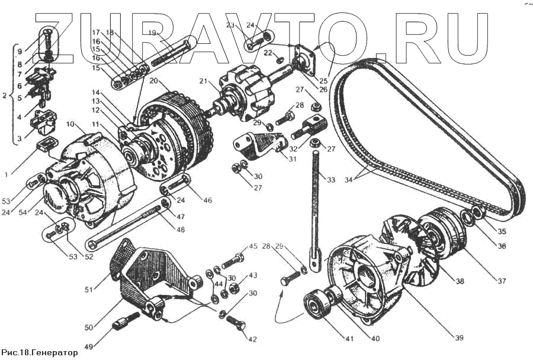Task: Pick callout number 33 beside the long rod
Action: [x=330, y=179]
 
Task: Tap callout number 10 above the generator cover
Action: [x=71, y=125]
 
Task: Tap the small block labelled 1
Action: [x=44, y=144]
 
